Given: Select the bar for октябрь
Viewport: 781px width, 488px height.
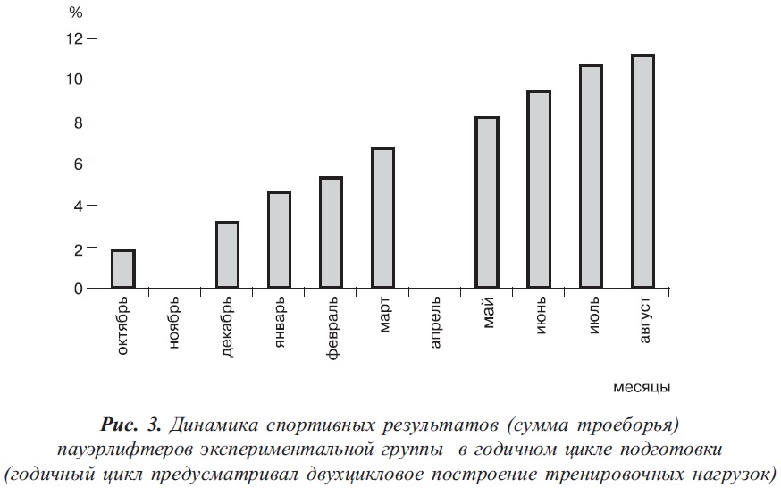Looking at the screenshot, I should (123, 269).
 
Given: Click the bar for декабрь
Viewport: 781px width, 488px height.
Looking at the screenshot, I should (227, 256).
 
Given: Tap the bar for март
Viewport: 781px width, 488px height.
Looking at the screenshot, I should (382, 219).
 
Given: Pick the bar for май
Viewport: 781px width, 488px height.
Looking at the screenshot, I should (487, 203).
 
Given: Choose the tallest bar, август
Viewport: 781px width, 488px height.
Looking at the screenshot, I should (642, 172).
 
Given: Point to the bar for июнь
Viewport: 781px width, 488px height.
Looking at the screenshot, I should (539, 189).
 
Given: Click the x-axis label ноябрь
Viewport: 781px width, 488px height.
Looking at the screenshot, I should (175, 325).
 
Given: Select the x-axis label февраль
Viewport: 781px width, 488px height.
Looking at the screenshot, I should (332, 330).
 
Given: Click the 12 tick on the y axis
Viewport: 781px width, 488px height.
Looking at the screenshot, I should (73, 38).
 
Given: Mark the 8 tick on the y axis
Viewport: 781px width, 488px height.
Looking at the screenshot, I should (78, 122).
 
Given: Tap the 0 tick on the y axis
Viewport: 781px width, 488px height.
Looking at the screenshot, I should (78, 290).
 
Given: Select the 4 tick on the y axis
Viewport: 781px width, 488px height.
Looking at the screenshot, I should (78, 206).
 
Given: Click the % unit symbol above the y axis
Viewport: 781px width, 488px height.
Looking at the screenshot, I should (76, 13).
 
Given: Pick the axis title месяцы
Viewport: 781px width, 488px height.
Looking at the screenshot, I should (642, 388).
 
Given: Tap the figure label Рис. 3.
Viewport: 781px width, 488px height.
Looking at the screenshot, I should (131, 422).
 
